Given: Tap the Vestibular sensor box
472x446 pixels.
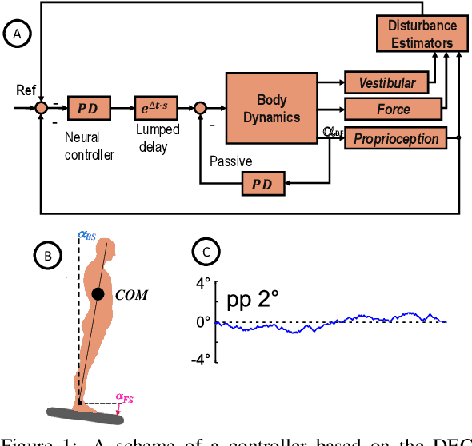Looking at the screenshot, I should click(386, 82).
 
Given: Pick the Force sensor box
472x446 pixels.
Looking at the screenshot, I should click(393, 110).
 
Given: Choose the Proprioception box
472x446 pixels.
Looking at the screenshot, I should click(396, 138).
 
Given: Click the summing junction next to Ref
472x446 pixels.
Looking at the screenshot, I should click(42, 107).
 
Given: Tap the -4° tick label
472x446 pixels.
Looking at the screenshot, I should click(201, 359).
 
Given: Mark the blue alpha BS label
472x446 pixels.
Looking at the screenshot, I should click(87, 235).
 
